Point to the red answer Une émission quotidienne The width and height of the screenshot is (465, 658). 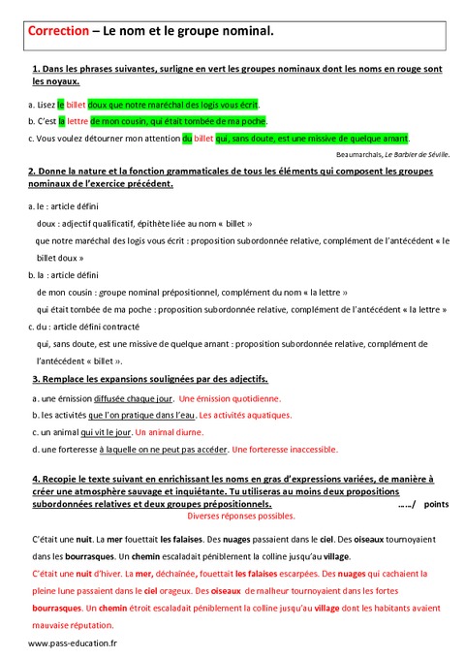click(231, 398)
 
